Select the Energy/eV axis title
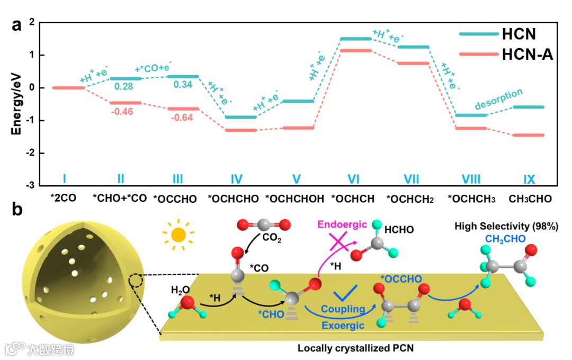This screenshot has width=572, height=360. [17, 103]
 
